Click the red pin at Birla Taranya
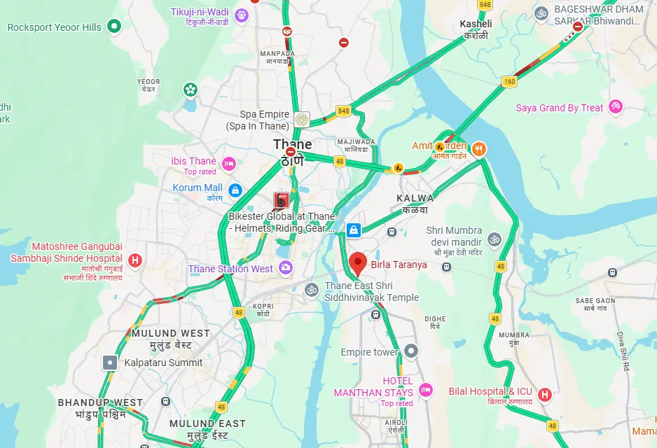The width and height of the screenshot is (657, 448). (x=358, y=263)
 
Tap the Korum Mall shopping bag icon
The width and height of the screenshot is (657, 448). (x=235, y=189)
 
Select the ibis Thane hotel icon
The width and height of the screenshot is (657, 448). (x=228, y=164)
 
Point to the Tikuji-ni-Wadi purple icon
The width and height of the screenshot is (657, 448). (x=241, y=14)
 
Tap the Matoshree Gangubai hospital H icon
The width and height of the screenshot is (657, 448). (x=136, y=260)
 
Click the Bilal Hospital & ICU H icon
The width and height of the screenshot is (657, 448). (x=544, y=395)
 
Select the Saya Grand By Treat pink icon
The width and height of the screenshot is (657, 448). (x=616, y=107)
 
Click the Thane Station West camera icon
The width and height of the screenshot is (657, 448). (x=285, y=267)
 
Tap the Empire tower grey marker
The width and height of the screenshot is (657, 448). (x=411, y=351)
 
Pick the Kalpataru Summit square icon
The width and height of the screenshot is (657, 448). (x=110, y=363)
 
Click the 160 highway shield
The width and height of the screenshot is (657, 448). (x=508, y=82)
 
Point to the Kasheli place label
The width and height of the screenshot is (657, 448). (x=476, y=24)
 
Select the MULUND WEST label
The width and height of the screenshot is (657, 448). (x=170, y=333)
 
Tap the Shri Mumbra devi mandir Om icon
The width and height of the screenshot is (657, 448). (x=495, y=240)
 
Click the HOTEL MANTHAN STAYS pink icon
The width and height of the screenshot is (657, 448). (x=424, y=389)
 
